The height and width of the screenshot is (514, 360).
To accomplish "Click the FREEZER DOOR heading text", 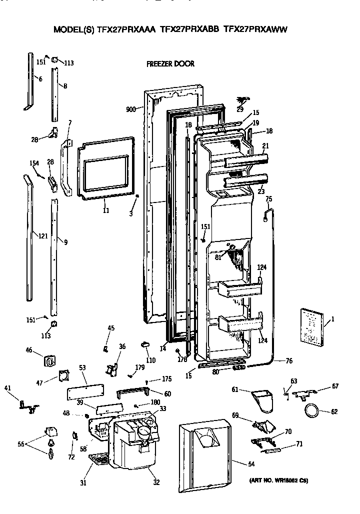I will click(x=170, y=64).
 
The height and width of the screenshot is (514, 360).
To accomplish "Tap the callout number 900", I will click(x=131, y=108).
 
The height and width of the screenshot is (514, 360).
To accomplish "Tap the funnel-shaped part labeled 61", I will click(x=261, y=400).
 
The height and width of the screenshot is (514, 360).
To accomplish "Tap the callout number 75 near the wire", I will click(x=268, y=199).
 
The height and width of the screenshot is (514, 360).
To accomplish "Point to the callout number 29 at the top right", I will click(x=240, y=109).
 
